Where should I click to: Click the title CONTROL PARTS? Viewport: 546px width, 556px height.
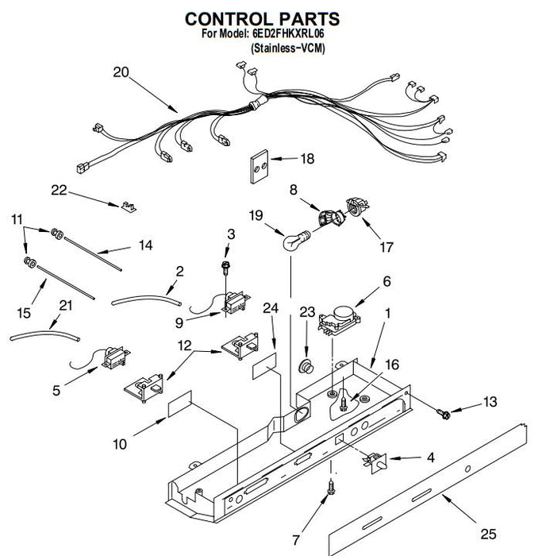click(x=262, y=18)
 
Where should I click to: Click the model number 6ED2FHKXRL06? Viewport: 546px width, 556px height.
click(x=289, y=35)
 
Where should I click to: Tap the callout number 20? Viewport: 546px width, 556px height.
click(x=121, y=72)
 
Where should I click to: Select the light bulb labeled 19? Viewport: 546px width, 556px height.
click(x=294, y=240)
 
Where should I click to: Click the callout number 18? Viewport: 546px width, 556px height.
click(x=306, y=159)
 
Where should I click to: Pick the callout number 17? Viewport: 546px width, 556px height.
click(x=386, y=248)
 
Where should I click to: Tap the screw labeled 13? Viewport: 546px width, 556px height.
click(x=444, y=414)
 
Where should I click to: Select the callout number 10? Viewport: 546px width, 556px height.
click(x=119, y=445)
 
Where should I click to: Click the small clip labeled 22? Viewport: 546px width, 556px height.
click(x=128, y=207)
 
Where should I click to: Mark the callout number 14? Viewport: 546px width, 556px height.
click(x=145, y=245)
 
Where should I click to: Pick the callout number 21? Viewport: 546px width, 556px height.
click(x=65, y=306)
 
